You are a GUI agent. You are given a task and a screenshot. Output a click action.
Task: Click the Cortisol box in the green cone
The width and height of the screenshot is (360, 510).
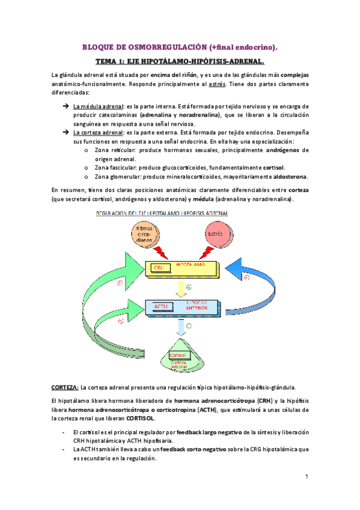178,355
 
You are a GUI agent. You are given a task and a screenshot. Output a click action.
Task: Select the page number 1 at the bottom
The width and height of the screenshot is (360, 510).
306,477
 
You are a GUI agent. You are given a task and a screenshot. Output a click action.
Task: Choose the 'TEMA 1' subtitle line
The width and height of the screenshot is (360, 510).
180,61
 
